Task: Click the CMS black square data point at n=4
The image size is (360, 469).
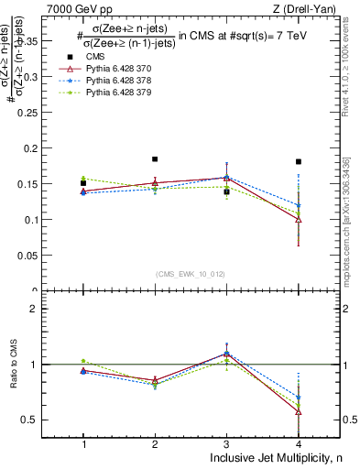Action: (299, 162)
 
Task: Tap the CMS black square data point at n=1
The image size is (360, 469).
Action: (83, 183)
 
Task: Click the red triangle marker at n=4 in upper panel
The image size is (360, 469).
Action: (299, 220)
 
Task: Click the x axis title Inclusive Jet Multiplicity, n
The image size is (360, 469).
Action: (271, 458)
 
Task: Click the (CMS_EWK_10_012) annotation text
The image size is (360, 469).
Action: (191, 274)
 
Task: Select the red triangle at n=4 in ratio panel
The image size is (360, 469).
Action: (299, 411)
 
